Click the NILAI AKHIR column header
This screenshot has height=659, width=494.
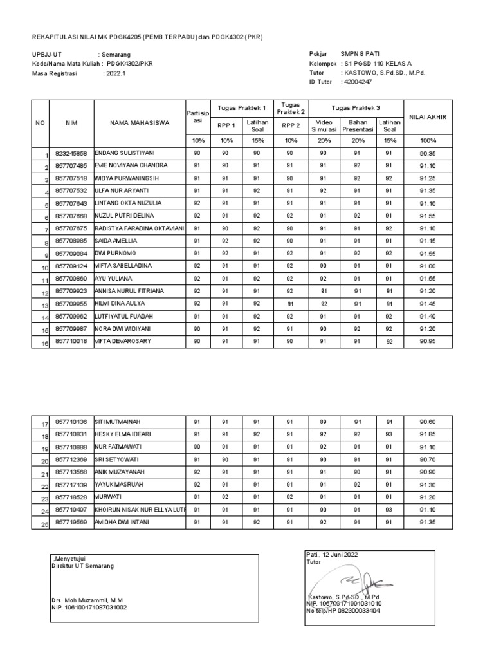(x=428, y=116)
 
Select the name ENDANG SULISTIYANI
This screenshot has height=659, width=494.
(x=126, y=153)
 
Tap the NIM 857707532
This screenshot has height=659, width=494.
(x=71, y=190)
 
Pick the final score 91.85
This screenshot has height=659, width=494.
(x=428, y=434)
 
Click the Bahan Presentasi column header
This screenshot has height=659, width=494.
(x=358, y=125)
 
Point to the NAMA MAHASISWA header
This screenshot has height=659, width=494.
(x=140, y=122)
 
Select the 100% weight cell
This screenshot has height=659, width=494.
(x=428, y=140)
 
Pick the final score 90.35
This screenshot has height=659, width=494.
(x=428, y=153)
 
